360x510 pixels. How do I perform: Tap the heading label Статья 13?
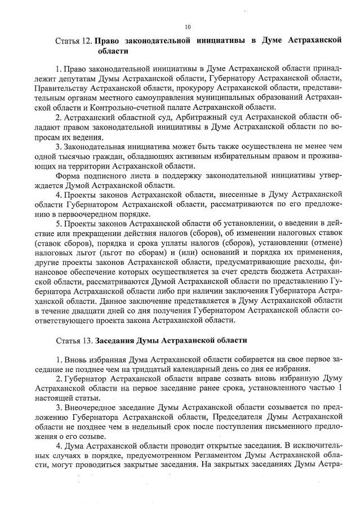tap(74, 341)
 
